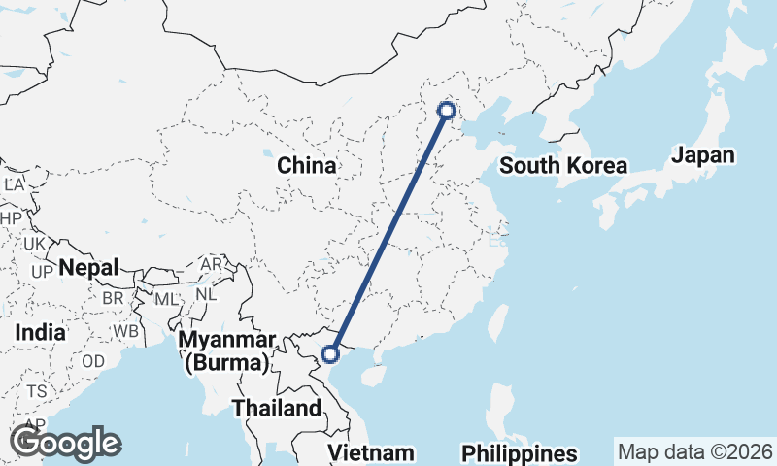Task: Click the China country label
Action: coord(307,166)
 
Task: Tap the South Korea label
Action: coord(563,166)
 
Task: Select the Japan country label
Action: coord(703,155)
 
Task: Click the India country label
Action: coord(40,332)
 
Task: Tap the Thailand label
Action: coord(276,408)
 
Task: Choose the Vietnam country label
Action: coord(371,452)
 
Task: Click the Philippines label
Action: coord(519,453)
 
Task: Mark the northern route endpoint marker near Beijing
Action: coord(447,111)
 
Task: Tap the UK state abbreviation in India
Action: coord(35,244)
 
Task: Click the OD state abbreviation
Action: coord(93,360)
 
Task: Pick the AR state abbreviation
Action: coord(211,264)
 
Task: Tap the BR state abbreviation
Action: coord(113,298)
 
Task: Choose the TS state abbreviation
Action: coord(36,391)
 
